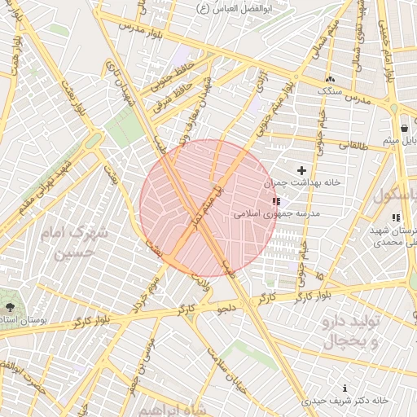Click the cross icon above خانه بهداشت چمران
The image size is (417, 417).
pos(301,171)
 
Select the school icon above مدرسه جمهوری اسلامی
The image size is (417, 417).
pos(277,201)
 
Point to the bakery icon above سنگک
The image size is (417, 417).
pos(329,79)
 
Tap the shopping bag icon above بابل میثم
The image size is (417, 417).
pos(404,129)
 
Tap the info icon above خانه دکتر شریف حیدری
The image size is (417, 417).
pos(345,388)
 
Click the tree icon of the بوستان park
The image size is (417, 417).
pos(10,307)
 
